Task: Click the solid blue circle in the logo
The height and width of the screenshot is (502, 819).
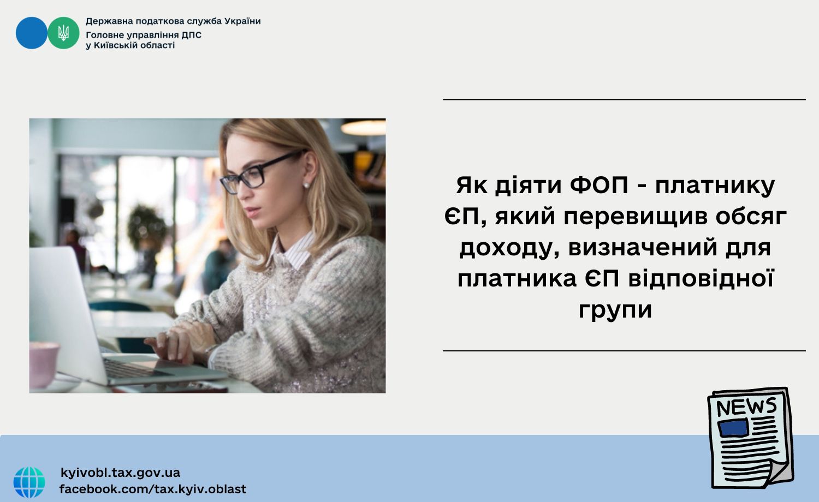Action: pos(32,33)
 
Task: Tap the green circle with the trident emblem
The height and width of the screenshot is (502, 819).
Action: pos(64,33)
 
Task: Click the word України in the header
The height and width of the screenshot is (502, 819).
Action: pos(242,21)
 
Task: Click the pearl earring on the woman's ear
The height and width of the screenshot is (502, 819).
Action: pos(306,185)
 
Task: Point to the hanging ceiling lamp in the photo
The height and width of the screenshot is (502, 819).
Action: pos(363,127)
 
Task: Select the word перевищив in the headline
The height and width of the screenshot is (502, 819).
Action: pos(634,217)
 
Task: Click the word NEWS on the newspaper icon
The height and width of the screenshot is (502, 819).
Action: pos(746,407)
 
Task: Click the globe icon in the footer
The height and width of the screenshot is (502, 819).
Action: pos(29,482)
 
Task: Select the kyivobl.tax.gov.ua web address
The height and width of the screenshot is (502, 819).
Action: pos(120,473)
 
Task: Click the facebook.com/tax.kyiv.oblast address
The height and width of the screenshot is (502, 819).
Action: pos(153,489)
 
